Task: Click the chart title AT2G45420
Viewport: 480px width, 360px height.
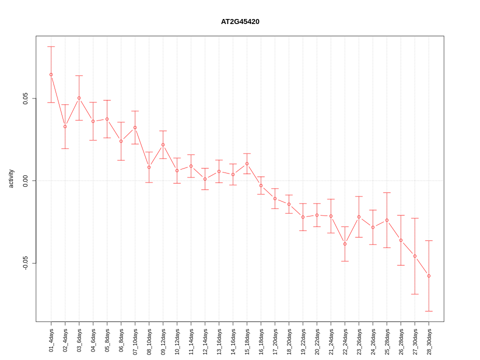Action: [x=240, y=21]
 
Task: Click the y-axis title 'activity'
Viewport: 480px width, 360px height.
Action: [x=11, y=178]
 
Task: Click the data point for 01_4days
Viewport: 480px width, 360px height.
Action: [x=51, y=74]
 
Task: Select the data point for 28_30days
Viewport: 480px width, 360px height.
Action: [x=429, y=276]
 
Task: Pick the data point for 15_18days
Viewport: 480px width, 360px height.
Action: [x=247, y=163]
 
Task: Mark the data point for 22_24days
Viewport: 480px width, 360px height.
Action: [x=345, y=244]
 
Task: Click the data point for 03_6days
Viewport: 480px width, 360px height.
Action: [x=79, y=98]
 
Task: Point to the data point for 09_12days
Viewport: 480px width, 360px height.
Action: [x=163, y=144]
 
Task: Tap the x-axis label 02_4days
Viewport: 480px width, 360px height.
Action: [x=65, y=340]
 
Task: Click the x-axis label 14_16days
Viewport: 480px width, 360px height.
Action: [x=233, y=340]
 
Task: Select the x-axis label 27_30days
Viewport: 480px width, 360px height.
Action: [x=415, y=340]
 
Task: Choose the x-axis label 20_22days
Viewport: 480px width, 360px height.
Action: [x=317, y=340]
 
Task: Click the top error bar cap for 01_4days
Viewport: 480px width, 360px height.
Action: [x=51, y=46]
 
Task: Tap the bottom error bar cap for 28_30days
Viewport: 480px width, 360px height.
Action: [x=429, y=311]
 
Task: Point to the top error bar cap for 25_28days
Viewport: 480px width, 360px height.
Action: [x=387, y=192]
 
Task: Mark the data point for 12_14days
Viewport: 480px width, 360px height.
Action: [x=205, y=179]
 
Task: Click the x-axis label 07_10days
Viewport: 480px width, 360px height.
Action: [x=135, y=340]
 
